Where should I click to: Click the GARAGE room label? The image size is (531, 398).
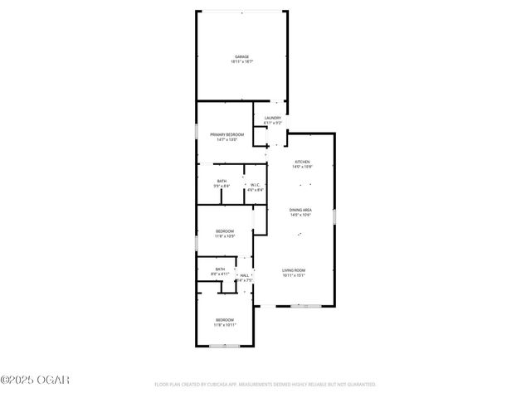[241, 56]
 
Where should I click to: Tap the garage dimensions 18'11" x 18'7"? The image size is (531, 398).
[241, 62]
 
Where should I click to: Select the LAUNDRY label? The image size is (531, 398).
[273, 118]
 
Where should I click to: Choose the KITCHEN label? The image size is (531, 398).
[301, 161]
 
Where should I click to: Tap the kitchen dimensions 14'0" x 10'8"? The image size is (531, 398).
[301, 167]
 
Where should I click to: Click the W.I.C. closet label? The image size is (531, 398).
[256, 185]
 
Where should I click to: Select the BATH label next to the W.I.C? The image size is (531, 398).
[222, 181]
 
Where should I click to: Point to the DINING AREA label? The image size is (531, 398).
[300, 211]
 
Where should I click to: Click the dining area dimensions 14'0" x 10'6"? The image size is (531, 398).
[300, 216]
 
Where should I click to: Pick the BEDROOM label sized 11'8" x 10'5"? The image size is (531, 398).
[225, 231]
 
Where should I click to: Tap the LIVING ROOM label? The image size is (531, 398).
[294, 270]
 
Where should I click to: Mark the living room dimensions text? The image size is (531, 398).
[294, 276]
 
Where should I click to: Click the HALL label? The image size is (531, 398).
[245, 274]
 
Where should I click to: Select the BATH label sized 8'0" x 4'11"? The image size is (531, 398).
[220, 269]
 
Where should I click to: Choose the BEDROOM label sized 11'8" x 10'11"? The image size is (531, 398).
[225, 319]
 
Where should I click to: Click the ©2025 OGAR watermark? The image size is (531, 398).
[35, 381]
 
